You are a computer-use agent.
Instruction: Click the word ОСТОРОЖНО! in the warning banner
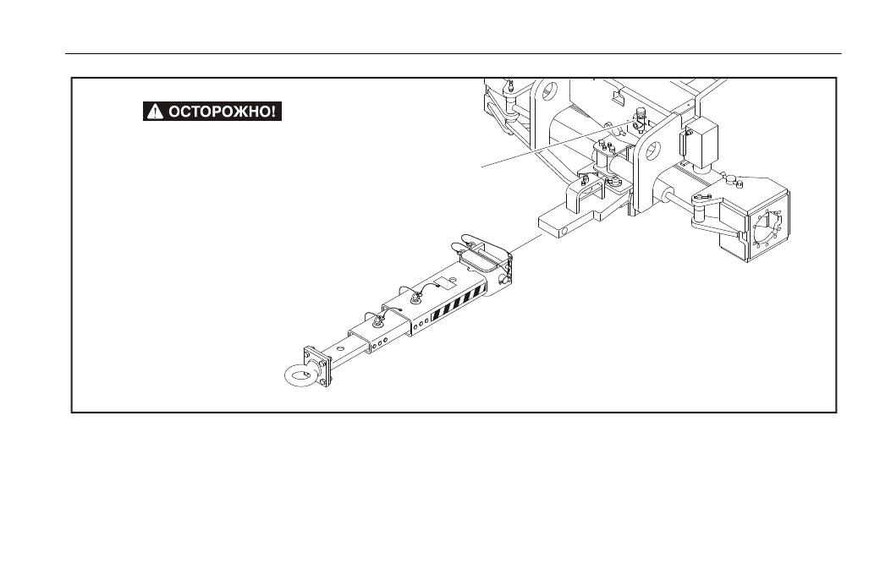[222, 112]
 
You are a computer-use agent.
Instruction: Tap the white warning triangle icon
[155, 112]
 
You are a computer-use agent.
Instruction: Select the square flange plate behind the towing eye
[317, 367]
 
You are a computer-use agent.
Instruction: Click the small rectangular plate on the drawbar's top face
[445, 282]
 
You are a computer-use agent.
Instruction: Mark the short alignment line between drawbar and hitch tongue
[525, 244]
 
